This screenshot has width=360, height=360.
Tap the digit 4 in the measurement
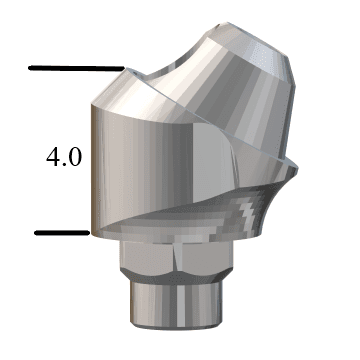point(53,156)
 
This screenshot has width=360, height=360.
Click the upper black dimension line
point(75,68)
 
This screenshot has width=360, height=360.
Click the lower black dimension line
point(62,233)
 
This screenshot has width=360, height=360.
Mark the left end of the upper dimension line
point(31,68)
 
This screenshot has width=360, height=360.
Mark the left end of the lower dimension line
point(36,233)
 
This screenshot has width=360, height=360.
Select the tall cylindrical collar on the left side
point(140,160)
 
